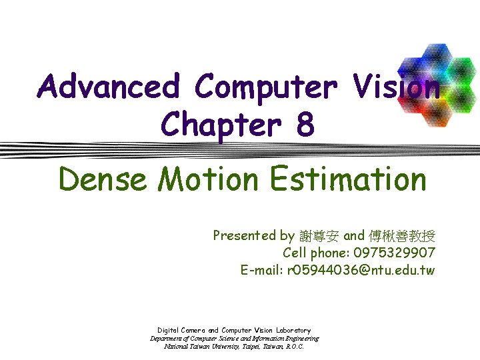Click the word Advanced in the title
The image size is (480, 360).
(109, 88)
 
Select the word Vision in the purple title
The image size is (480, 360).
(398, 88)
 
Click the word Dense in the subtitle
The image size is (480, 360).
(101, 179)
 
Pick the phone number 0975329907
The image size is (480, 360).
(395, 253)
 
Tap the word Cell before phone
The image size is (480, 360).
(295, 253)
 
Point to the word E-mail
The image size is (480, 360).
(261, 270)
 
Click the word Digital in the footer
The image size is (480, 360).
(168, 330)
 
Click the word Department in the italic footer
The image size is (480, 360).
(169, 338)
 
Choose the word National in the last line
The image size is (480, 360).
(176, 347)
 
